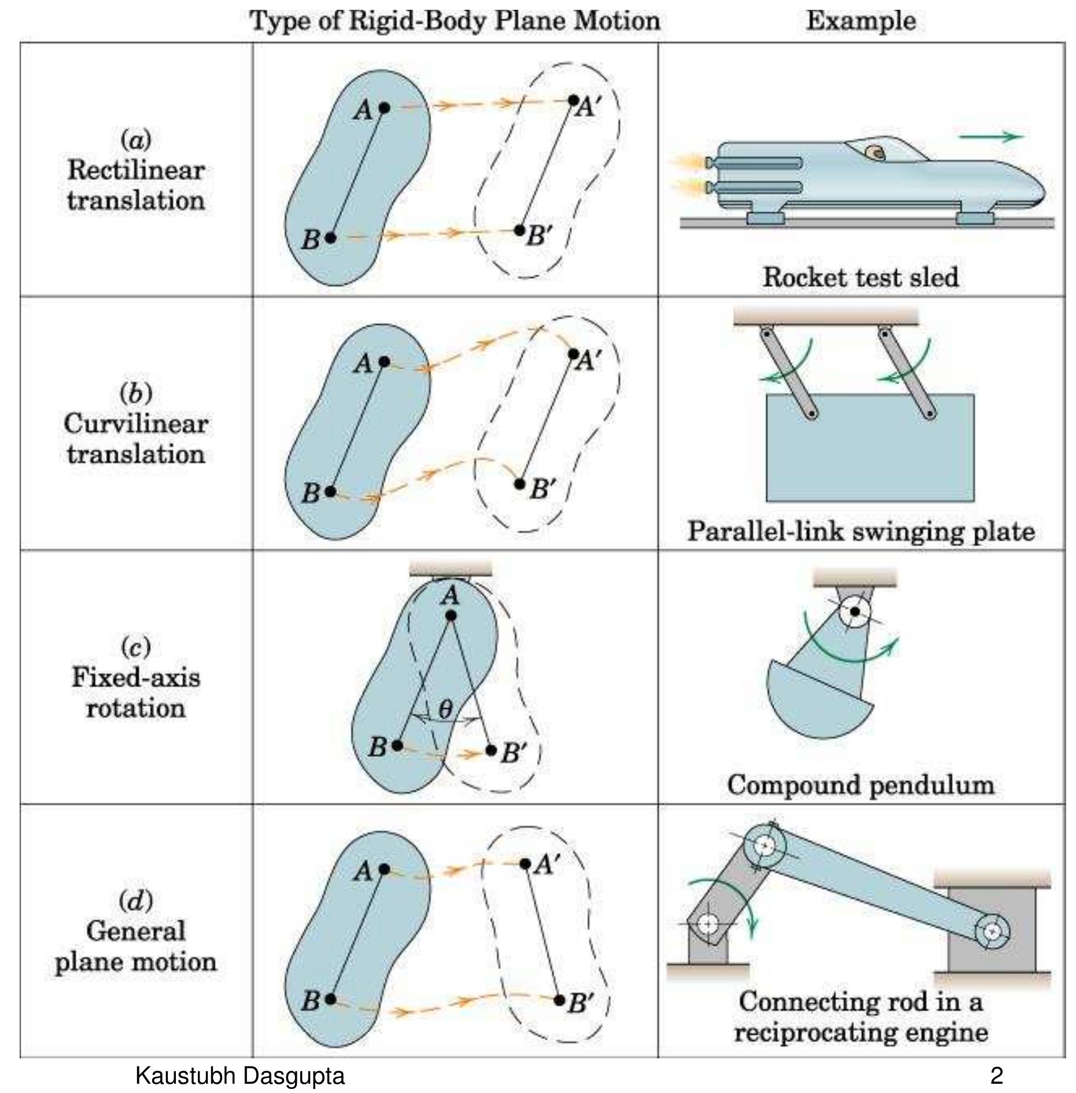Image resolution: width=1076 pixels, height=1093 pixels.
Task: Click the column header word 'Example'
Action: tap(860, 21)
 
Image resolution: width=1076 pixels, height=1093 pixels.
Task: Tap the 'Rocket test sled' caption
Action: tap(860, 277)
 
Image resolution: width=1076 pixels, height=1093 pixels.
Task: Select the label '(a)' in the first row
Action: tap(136, 139)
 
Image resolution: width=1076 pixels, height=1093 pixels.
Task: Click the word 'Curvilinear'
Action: tap(136, 424)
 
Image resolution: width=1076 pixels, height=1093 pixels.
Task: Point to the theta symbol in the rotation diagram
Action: tap(445, 709)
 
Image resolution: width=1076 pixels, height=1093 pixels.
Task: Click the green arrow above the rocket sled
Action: tap(991, 137)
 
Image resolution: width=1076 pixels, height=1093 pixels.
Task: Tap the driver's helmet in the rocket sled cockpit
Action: tap(875, 152)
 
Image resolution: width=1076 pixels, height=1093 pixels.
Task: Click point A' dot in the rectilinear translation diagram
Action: tap(573, 100)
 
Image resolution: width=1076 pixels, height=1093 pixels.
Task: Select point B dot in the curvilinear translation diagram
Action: tap(330, 491)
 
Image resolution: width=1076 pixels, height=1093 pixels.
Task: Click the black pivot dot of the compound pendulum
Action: tap(855, 611)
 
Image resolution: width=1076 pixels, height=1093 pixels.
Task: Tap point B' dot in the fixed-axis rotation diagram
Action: tap(491, 750)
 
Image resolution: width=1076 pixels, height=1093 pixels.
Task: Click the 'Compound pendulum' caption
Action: tap(860, 785)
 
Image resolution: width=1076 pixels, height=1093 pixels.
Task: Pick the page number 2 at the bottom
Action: tap(996, 1076)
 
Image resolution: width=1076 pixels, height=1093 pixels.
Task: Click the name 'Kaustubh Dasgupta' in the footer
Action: tap(239, 1076)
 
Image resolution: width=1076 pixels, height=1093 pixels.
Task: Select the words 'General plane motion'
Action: tap(136, 947)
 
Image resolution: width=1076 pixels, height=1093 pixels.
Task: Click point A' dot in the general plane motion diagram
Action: tap(525, 864)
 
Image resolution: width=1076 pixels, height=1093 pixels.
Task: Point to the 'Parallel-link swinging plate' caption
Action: tap(860, 531)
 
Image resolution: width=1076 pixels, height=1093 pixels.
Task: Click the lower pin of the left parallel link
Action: tap(812, 414)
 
